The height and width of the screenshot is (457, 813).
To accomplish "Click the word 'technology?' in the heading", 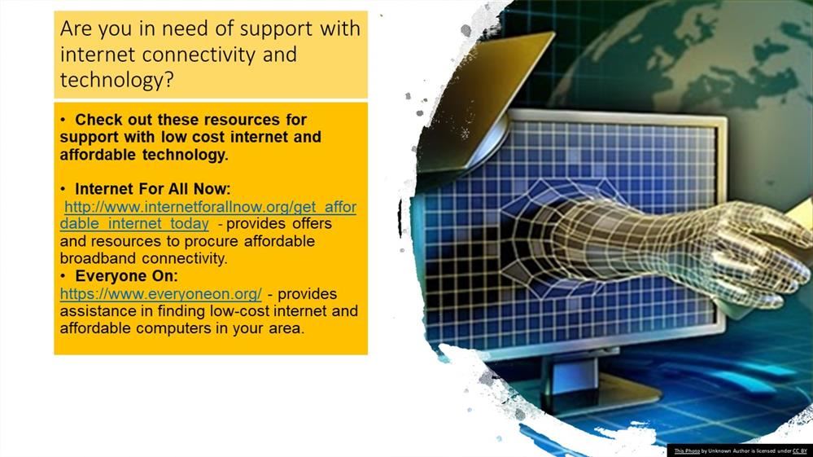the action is coord(116,81).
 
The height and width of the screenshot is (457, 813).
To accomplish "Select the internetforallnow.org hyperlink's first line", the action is coord(210,207).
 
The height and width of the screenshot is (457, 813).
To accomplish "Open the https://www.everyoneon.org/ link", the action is coord(161,294).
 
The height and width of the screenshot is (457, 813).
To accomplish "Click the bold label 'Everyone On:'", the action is coord(126,276).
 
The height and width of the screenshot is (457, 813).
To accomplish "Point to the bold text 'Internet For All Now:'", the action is coord(152,189).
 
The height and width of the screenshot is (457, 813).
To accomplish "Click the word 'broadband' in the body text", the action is coord(98,258).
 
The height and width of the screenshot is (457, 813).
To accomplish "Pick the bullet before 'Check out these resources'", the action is coord(63,120).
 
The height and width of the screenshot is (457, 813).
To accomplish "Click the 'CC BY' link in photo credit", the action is coord(799,451).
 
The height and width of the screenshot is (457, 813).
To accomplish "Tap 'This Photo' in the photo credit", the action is coord(687,451).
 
